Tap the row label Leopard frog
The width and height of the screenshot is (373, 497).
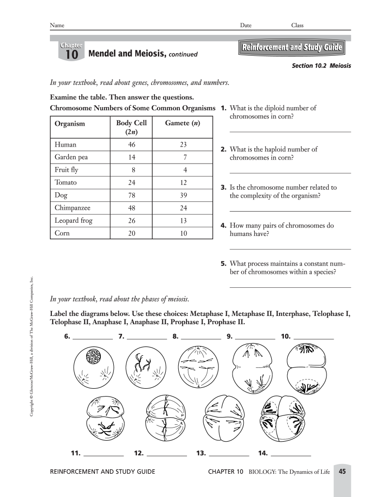pos(73,220)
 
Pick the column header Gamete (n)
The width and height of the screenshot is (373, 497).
pos(182,123)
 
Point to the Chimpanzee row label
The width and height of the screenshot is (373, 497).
pos(73,208)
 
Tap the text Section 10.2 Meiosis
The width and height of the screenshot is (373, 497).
pos(321,66)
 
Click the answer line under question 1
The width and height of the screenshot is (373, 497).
pos(290,132)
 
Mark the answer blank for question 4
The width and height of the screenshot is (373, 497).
pos(290,249)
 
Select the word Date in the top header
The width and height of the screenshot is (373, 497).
pos(246,25)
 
